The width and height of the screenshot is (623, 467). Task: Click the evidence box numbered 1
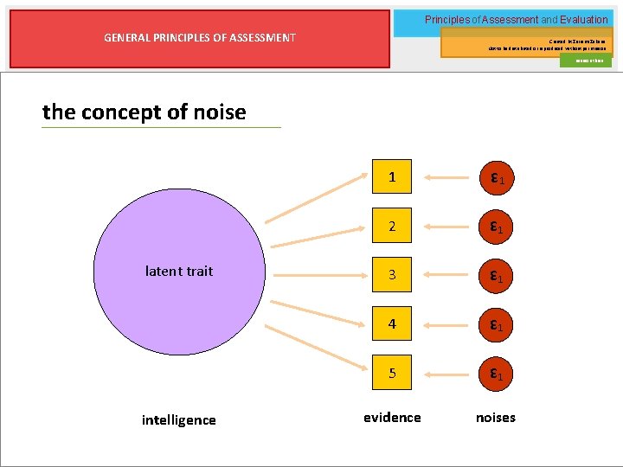(x=392, y=177)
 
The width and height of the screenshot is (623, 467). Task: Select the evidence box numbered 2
(x=392, y=227)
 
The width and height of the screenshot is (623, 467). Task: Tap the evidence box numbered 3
(x=392, y=276)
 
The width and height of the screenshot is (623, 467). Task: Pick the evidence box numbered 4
(x=392, y=325)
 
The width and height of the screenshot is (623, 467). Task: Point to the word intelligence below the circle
(x=178, y=420)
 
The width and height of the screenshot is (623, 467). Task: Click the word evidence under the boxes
(x=392, y=418)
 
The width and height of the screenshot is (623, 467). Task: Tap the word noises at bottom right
(x=496, y=418)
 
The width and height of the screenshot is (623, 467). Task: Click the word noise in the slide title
(x=219, y=112)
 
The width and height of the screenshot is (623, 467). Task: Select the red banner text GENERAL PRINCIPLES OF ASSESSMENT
(x=200, y=37)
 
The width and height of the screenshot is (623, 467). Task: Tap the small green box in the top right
(x=585, y=61)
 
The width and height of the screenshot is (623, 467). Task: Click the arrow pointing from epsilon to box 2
(x=446, y=227)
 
